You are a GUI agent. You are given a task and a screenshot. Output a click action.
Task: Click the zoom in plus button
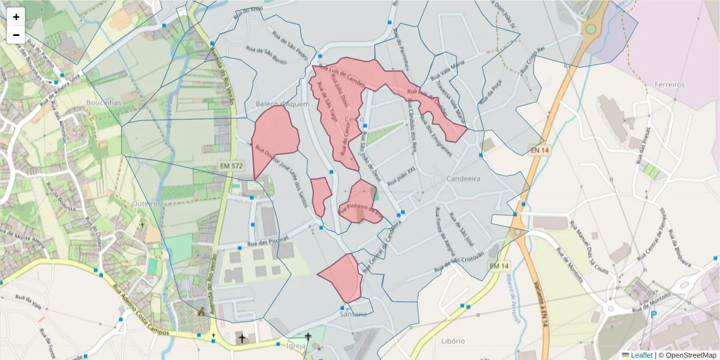(x=16, y=17)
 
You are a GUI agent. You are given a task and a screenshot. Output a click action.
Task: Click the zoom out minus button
(x=16, y=35)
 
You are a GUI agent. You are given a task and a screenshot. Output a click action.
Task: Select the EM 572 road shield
(x=231, y=164)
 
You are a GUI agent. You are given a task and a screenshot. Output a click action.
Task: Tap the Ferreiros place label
(x=670, y=85)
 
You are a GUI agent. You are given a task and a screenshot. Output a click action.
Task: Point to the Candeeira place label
(x=464, y=179)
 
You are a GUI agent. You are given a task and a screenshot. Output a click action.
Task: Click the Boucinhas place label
(x=104, y=103)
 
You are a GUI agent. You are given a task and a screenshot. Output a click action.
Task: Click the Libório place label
(x=454, y=341)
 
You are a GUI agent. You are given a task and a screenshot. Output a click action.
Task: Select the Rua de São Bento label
(x=266, y=54)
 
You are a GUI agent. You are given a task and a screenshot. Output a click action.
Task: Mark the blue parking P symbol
(x=654, y=314)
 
